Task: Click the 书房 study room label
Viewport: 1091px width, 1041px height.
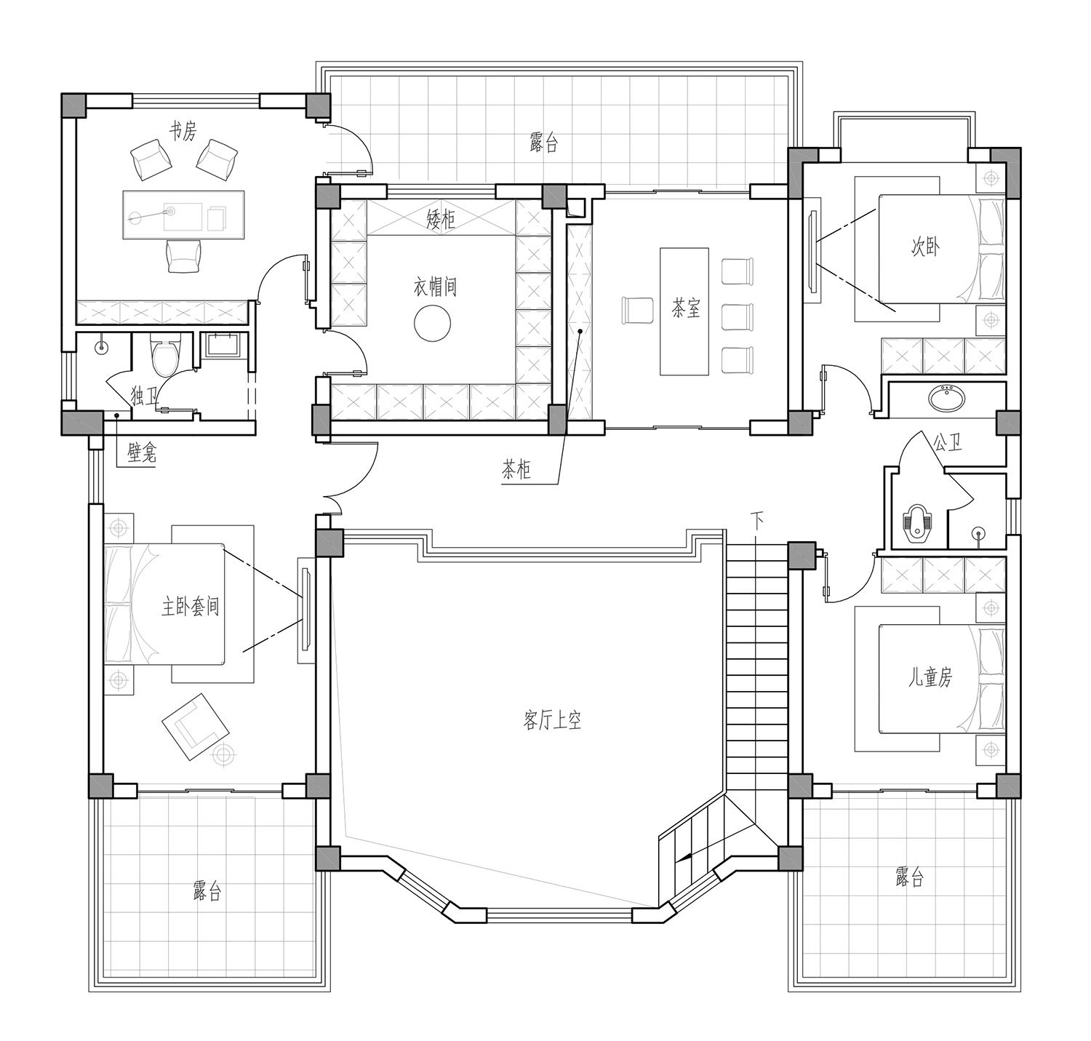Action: coord(183,132)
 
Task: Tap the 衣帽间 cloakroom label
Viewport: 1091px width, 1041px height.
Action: coord(435,287)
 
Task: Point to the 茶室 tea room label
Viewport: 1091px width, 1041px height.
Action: coord(686,308)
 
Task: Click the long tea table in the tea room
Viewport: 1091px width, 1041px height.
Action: coord(684,311)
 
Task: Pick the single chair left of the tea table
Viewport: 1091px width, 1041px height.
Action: coord(637,311)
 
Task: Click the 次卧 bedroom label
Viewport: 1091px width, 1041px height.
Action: coord(925,247)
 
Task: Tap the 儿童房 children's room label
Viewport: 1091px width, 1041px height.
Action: coord(930,677)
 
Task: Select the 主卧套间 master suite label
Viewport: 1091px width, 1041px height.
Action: coord(190,606)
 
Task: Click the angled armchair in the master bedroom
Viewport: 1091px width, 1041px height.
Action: coord(196,727)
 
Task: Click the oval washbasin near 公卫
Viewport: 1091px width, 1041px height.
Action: coord(947,398)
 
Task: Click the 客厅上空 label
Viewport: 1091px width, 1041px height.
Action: coord(552,721)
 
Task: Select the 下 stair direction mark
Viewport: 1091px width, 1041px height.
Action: coord(757,519)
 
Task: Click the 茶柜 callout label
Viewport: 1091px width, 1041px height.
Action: coord(516,470)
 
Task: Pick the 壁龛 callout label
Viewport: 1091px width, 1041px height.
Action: coord(142,453)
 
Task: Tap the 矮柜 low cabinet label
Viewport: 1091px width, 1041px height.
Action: coord(441,220)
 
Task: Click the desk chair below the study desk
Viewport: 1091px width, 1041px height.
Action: coord(183,256)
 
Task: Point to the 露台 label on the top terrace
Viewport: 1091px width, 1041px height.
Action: coord(543,143)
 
